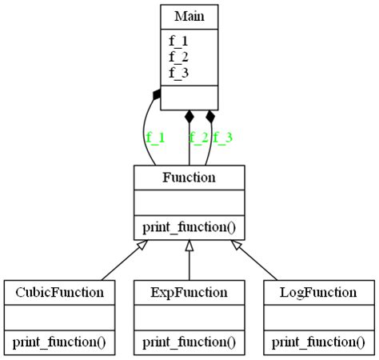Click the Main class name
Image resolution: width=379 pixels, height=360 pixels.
[189, 17]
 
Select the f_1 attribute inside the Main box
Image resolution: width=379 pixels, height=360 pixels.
[178, 40]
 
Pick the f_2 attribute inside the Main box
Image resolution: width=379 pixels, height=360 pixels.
[178, 56]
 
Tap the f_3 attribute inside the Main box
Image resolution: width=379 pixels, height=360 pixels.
[178, 72]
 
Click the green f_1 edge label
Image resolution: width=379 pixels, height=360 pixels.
[155, 138]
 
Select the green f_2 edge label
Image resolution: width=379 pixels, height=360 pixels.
[198, 138]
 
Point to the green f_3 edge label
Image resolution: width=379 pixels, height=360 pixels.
[222, 138]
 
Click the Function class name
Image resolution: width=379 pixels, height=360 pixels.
[189, 178]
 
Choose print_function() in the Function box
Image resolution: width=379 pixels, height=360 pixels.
[189, 227]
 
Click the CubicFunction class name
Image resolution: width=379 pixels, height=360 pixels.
[59, 292]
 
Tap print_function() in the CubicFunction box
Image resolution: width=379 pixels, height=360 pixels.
[59, 342]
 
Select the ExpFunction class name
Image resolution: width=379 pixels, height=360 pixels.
[189, 292]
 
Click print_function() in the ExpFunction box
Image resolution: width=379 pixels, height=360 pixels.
[189, 342]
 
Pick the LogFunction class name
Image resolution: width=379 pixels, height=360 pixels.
[319, 292]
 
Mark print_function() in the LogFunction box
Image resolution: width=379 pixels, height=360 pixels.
[319, 342]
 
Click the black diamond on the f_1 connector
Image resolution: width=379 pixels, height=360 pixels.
[158, 95]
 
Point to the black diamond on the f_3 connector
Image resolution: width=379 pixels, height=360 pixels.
[211, 117]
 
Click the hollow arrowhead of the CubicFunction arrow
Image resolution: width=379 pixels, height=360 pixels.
[142, 246]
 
